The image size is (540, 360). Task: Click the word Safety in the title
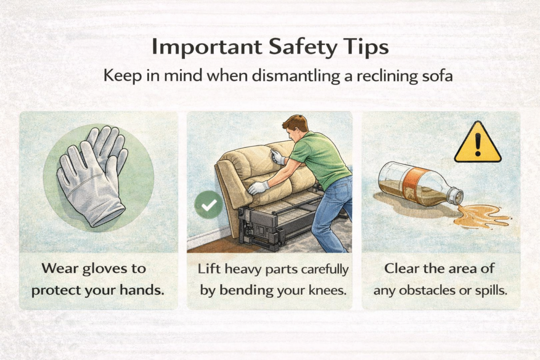(x=302, y=48)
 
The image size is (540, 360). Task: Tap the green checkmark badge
(x=209, y=205)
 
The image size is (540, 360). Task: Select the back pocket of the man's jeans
(x=340, y=191)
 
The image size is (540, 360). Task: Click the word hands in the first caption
(x=142, y=290)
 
